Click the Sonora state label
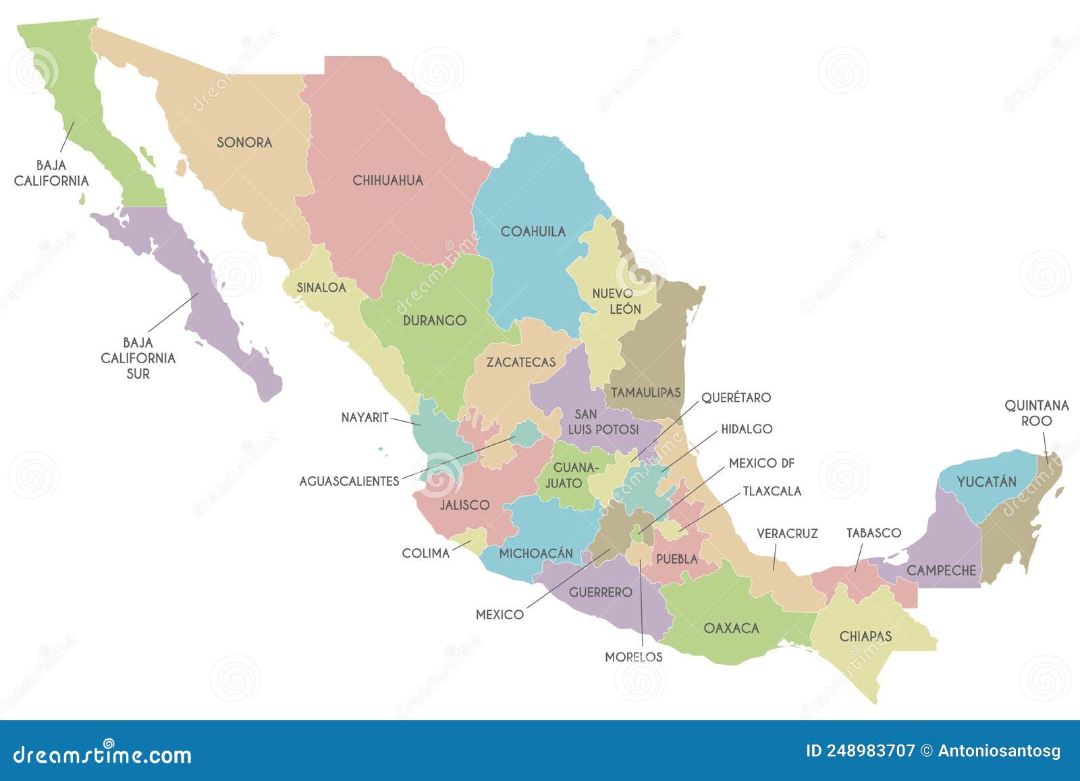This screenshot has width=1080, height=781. pos(244,142)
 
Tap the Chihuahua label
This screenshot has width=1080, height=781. pos(387,180)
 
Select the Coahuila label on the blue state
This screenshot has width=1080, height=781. pos(533,232)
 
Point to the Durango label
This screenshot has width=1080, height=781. pos(434,321)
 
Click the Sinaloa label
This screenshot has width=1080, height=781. pos(321,288)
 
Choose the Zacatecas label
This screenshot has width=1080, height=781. pos(520,362)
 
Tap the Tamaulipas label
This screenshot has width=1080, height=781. pos(646,392)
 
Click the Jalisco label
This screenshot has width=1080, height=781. pos(464,505)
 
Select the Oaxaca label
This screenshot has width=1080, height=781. pos(731,628)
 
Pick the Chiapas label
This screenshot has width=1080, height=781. pos(865,637)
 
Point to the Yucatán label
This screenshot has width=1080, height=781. pos(986,482)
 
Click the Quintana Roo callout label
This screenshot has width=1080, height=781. pos(1036,413)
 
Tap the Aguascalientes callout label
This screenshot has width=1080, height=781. pos(349,481)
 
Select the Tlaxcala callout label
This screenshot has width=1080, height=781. pos(772,491)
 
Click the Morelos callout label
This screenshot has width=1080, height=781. pos(633,657)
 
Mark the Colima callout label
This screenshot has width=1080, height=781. pos(425,554)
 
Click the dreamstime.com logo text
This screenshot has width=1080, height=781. pos(103,755)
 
